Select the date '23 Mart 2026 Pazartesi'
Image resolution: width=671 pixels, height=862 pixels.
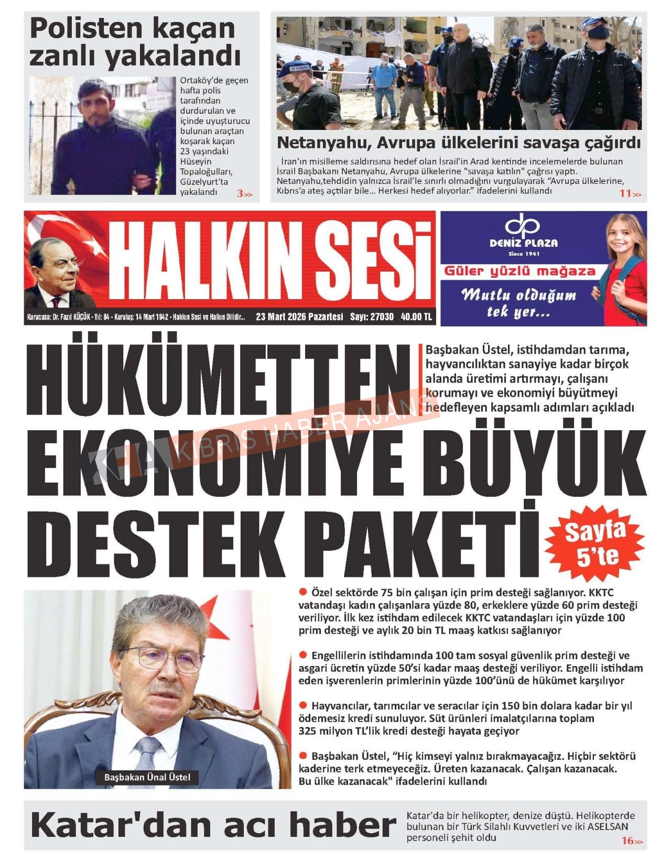[x=299, y=317]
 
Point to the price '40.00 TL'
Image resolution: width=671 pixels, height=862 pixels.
[x=416, y=317]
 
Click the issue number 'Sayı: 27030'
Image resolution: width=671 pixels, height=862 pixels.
[x=372, y=317]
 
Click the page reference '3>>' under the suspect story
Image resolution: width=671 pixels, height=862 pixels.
[x=244, y=194]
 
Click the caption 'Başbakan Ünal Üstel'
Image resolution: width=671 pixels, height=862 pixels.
[x=147, y=777]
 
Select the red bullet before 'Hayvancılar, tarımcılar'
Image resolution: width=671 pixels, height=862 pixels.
[x=303, y=705]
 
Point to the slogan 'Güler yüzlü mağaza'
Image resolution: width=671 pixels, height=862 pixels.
[x=520, y=271]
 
